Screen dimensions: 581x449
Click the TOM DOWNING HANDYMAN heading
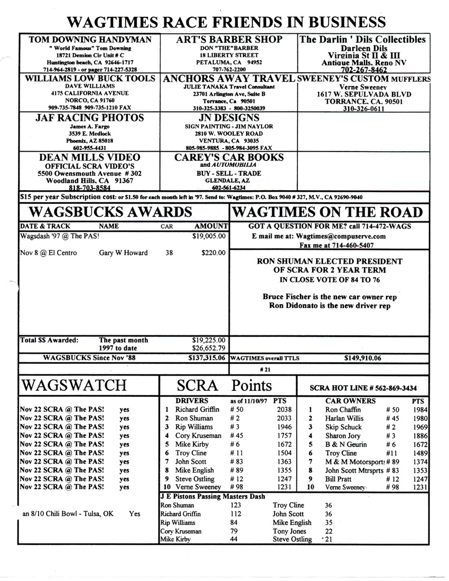[x=90, y=40]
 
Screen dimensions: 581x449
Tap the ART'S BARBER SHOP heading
[x=230, y=40]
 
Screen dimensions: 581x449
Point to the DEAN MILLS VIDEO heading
[x=90, y=157]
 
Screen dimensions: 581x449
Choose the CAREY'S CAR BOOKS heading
[x=229, y=157]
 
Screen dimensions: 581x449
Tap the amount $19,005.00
[x=210, y=236]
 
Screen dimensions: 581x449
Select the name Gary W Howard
[x=124, y=253]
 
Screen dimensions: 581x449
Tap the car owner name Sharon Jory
[x=343, y=436]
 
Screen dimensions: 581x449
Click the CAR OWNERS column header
[x=350, y=401]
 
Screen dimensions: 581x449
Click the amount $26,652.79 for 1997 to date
[x=210, y=348]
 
